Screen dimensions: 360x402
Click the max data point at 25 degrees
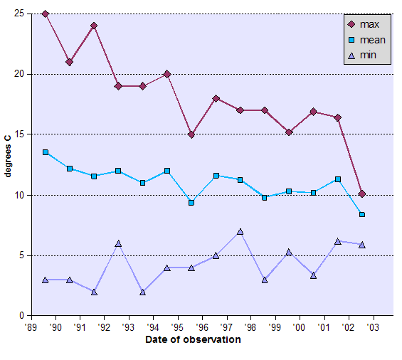coord(46,14)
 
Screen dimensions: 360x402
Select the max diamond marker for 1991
coord(94,26)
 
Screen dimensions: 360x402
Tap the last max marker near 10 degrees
coord(362,194)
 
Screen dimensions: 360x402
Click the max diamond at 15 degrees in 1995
coord(191,134)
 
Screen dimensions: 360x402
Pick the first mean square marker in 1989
coord(46,152)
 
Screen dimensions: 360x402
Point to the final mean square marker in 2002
coord(362,214)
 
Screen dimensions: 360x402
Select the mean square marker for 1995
coord(191,203)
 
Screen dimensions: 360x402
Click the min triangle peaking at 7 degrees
coord(240,231)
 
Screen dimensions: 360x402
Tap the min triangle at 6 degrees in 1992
coord(118,243)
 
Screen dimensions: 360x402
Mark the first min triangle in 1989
coord(46,280)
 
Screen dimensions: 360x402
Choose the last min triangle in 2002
coord(362,245)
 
